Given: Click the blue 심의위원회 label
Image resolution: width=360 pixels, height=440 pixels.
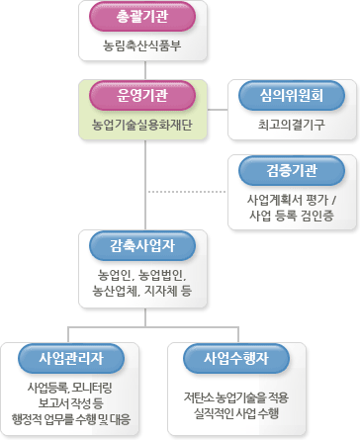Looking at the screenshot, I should (x=292, y=96).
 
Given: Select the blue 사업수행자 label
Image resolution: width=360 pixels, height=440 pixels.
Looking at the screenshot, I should (x=230, y=356).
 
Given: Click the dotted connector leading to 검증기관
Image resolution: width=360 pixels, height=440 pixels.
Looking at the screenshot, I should (x=188, y=190).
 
